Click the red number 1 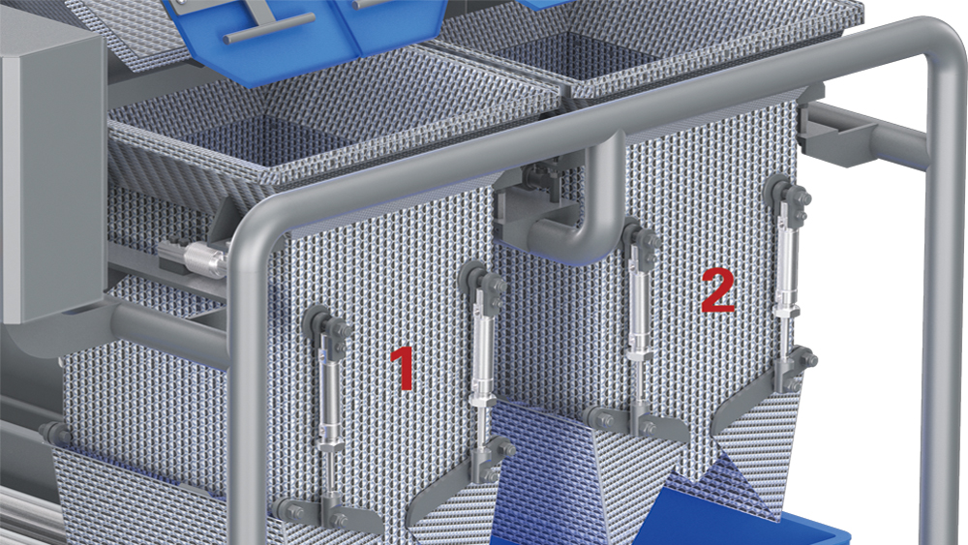(403, 369)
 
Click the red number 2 (718, 290)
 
